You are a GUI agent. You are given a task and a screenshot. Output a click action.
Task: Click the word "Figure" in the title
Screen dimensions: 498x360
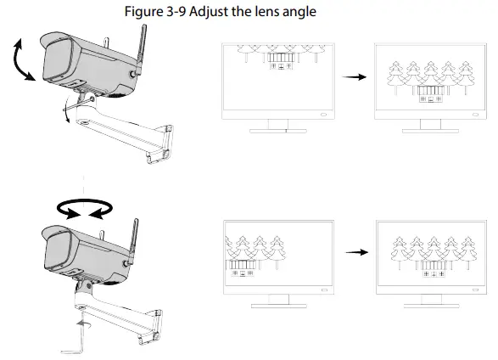[x=143, y=12]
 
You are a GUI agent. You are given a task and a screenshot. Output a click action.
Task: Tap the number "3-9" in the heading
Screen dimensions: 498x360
[x=176, y=12]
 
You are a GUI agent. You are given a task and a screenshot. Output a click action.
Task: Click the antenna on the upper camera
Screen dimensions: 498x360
[x=140, y=50]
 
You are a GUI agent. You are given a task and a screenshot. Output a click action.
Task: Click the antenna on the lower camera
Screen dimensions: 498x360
[x=132, y=242]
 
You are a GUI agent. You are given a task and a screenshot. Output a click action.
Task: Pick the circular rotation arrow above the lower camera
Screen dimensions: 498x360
[x=85, y=208]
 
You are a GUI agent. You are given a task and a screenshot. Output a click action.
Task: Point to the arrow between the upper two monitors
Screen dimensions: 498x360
[x=354, y=76]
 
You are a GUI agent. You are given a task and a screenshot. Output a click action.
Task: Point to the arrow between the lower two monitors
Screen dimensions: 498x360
[x=357, y=252]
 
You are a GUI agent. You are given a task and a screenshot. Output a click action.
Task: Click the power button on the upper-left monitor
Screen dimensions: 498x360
[x=323, y=115]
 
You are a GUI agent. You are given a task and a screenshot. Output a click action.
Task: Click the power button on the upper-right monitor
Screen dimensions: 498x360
[x=475, y=115]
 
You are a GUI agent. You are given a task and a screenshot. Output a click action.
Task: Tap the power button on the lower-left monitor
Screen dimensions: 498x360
[x=324, y=290]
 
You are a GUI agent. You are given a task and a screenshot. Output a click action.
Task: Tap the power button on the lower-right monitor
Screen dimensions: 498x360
[x=475, y=290]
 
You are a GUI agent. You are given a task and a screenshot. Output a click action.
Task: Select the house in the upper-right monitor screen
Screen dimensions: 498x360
[x=431, y=94]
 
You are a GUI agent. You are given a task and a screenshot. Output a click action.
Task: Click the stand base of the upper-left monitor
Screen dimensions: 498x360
[x=278, y=131]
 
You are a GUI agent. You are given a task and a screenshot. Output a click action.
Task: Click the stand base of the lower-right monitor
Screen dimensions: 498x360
[x=431, y=306]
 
